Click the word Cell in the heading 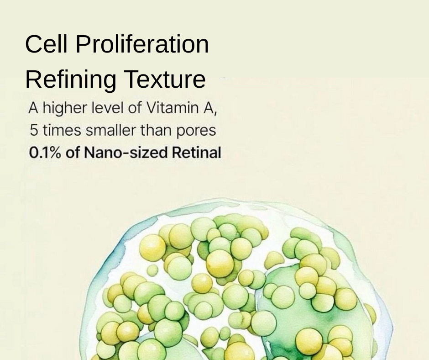click(x=46, y=44)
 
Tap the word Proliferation click(x=142, y=44)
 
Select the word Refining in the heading click(x=71, y=79)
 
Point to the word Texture click(x=165, y=79)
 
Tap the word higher click(x=65, y=108)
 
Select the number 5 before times click(x=34, y=130)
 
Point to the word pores click(x=196, y=131)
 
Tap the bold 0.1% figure click(x=45, y=153)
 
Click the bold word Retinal click(x=196, y=153)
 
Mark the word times click(x=62, y=130)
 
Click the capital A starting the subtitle click(x=33, y=108)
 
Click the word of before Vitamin click(x=135, y=108)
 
